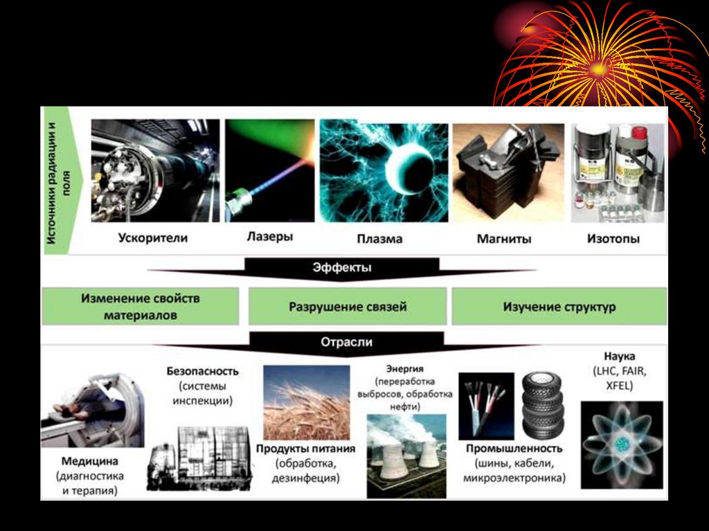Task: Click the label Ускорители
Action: pyautogui.click(x=152, y=238)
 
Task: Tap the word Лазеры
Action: pyautogui.click(x=269, y=237)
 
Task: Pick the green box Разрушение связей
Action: pyautogui.click(x=348, y=307)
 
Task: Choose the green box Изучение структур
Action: pyautogui.click(x=559, y=307)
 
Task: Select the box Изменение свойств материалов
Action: pyautogui.click(x=140, y=307)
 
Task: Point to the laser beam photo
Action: pyautogui.click(x=268, y=170)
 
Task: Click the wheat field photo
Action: pyautogui.click(x=306, y=402)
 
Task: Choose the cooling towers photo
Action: pyautogui.click(x=406, y=455)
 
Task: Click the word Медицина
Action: pyautogui.click(x=89, y=461)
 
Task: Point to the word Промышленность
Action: pyautogui.click(x=514, y=449)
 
